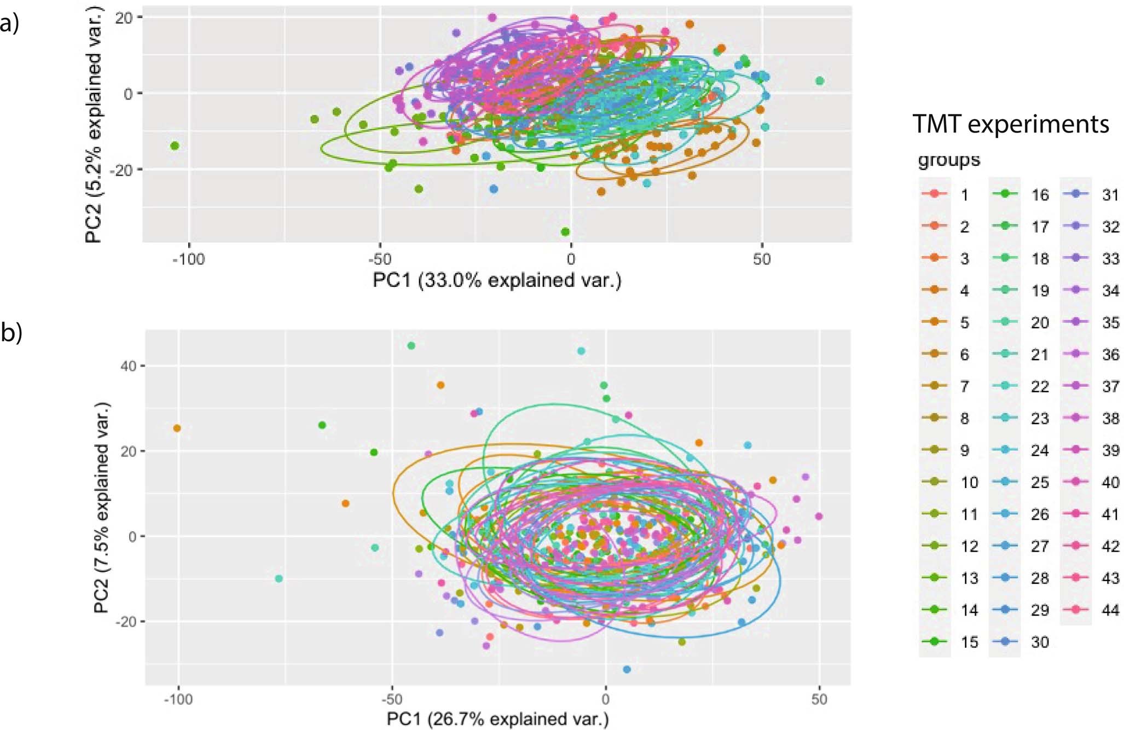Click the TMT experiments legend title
click(x=1011, y=124)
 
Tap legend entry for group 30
click(x=1020, y=641)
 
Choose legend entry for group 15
click(x=949, y=641)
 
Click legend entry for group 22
click(x=1020, y=386)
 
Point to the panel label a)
click(x=10, y=24)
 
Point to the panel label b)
click(x=11, y=332)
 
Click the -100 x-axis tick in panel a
click(x=188, y=259)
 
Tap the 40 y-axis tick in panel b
click(x=129, y=366)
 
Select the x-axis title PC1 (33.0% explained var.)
click(x=497, y=280)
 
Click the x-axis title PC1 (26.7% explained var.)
click(x=497, y=719)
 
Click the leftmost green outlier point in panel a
click(x=175, y=146)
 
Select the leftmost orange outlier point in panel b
click(x=177, y=428)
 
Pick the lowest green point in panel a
click(x=565, y=232)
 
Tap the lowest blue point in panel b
click(x=627, y=669)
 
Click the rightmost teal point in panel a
click(x=819, y=81)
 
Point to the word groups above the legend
click(x=949, y=160)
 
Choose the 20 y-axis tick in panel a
click(x=124, y=17)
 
